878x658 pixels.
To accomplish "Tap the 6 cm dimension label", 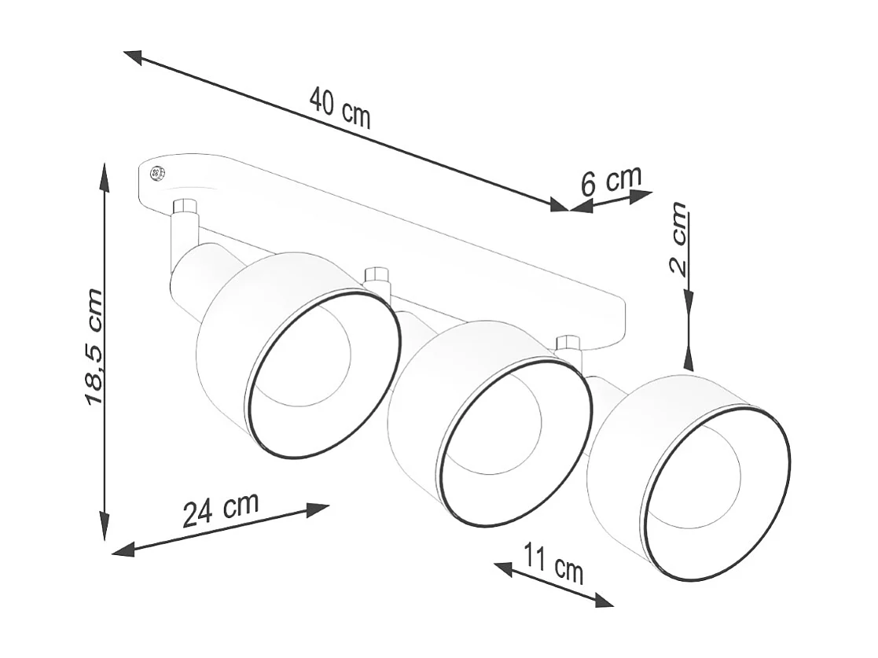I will tap(611, 180).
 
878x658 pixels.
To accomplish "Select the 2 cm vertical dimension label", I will tap(678, 237).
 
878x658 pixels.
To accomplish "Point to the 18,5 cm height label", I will tap(94, 347).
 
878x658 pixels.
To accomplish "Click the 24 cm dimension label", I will tap(220, 511).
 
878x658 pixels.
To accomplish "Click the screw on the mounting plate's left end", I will tap(156, 173).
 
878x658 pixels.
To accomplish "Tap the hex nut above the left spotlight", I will tap(185, 208).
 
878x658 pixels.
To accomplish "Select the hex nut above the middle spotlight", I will tap(377, 275).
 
